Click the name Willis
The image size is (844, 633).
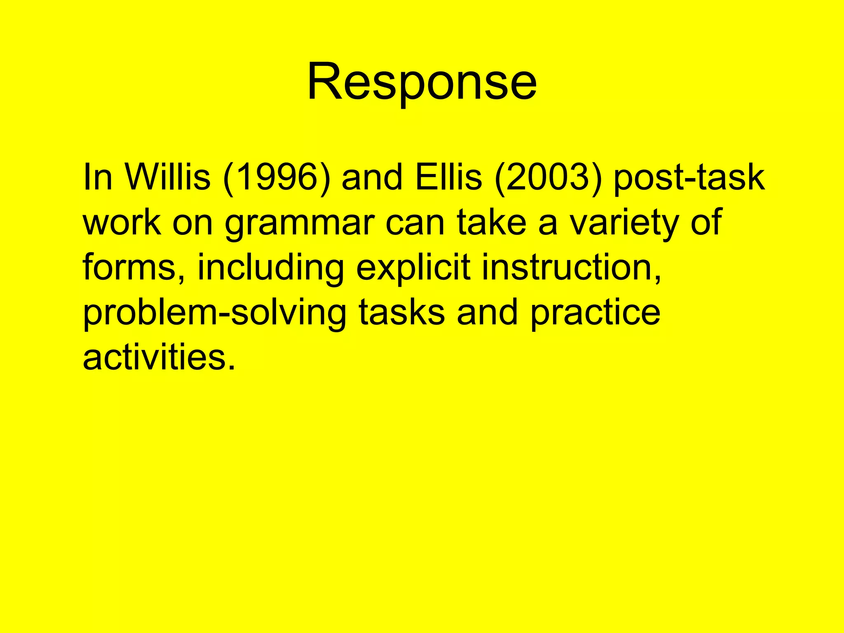tap(168, 178)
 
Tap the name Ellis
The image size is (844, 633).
tap(448, 178)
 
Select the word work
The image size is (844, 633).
tap(122, 223)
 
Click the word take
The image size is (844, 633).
tap(491, 223)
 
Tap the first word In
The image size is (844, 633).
tap(97, 178)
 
